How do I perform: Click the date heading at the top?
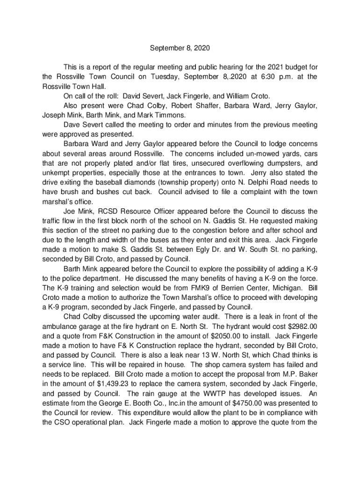[x=180, y=48]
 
